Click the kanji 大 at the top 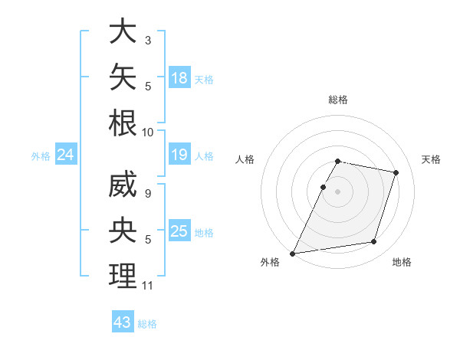[x=123, y=31]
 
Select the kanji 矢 [x=123, y=77]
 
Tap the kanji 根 [x=123, y=123]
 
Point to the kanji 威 [x=123, y=184]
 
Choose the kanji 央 [x=123, y=230]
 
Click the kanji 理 [x=123, y=276]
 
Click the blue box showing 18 [x=179, y=77]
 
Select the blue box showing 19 [x=179, y=154]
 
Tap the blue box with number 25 [x=179, y=230]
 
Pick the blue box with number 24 [x=66, y=154]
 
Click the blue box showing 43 [x=123, y=321]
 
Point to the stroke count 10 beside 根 [x=147, y=133]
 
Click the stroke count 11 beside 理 [x=147, y=286]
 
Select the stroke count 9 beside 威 [x=148, y=194]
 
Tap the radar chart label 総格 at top [x=338, y=100]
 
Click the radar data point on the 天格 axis [x=396, y=172]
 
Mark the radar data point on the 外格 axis [x=292, y=254]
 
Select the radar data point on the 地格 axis [x=374, y=241]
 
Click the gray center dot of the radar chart [x=337, y=191]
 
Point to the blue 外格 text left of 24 [x=41, y=156]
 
